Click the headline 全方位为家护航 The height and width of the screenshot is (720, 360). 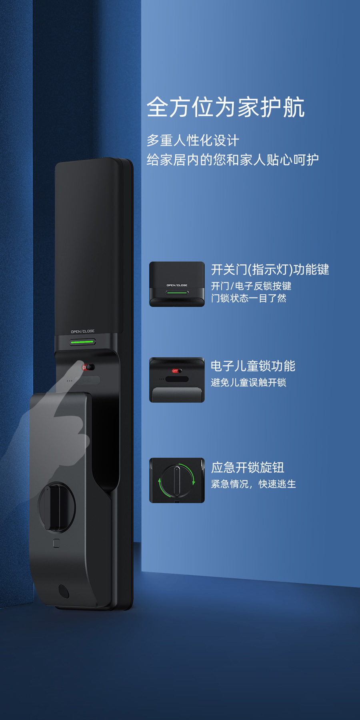[x=226, y=107]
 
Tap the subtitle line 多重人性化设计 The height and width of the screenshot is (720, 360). [x=193, y=140]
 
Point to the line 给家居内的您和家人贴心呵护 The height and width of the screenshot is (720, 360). [x=233, y=160]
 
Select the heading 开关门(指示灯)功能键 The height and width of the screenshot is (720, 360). [x=270, y=270]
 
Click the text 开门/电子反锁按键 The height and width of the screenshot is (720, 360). [x=251, y=286]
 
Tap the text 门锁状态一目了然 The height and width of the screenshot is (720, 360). [x=249, y=298]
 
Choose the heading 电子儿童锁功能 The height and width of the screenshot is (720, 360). [x=253, y=366]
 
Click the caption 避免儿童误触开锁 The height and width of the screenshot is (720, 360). [x=249, y=383]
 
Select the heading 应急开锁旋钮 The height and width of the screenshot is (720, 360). [x=248, y=467]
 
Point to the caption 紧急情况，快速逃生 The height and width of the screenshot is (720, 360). [x=254, y=484]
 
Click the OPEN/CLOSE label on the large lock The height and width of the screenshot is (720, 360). [x=83, y=331]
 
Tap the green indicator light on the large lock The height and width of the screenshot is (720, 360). [x=82, y=342]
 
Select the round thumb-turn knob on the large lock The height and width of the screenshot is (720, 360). [x=56, y=507]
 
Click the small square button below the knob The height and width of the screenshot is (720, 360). [x=56, y=543]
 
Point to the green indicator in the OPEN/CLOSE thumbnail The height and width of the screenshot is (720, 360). [x=177, y=292]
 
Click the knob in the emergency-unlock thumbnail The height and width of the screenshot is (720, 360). [x=177, y=480]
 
